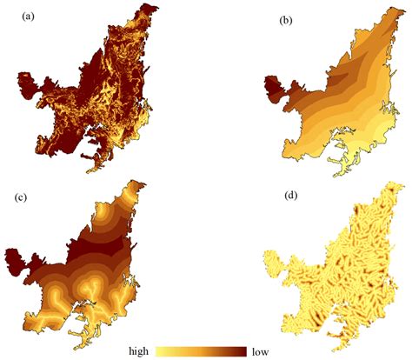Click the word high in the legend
coord(141,350)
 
